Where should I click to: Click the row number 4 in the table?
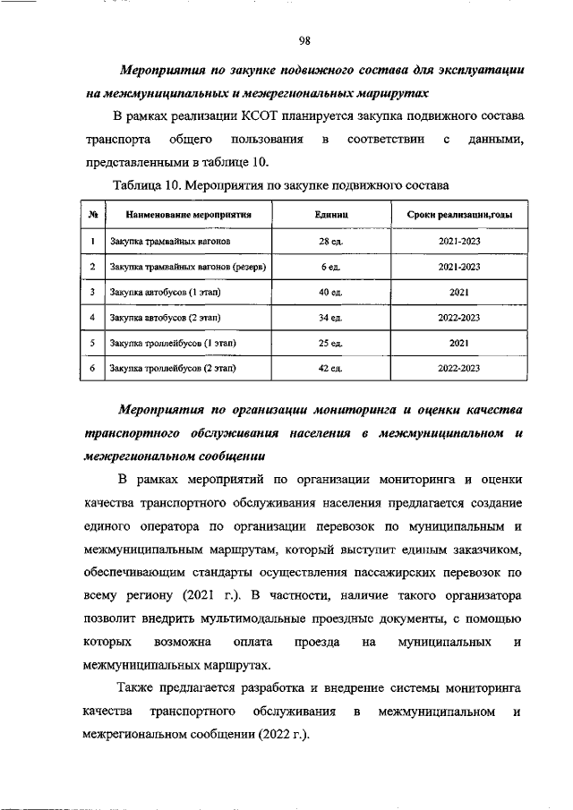tap(92, 317)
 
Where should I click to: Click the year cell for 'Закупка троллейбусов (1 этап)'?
tap(459, 342)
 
